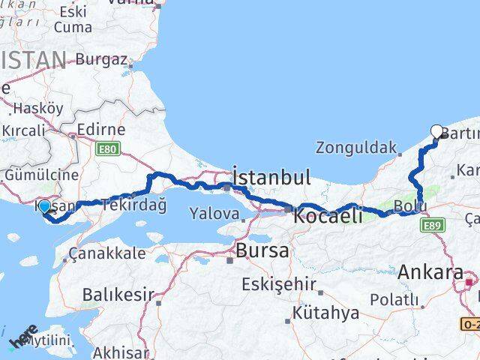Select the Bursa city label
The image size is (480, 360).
(x=262, y=250)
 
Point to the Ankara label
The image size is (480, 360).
(x=430, y=272)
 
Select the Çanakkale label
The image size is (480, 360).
(x=106, y=253)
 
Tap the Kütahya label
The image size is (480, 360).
(x=326, y=313)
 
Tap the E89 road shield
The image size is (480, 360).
(x=431, y=224)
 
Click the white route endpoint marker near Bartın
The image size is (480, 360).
(x=437, y=131)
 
